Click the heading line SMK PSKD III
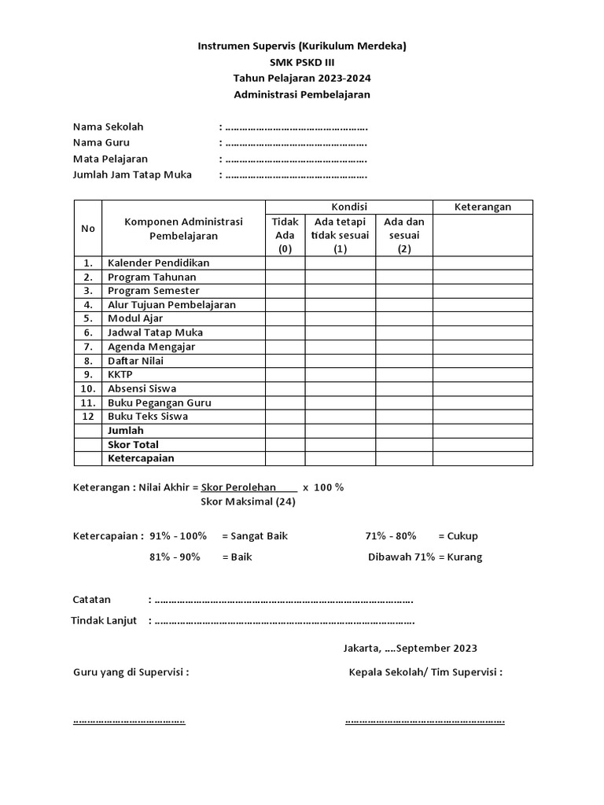click(x=301, y=62)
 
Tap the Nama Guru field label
click(x=101, y=142)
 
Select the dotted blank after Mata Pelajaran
click(x=296, y=159)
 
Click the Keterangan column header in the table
click(x=483, y=207)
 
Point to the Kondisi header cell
click(x=348, y=207)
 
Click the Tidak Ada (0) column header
click(x=285, y=235)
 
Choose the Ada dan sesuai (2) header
click(x=403, y=235)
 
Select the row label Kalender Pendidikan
click(x=159, y=263)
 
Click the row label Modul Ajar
click(x=135, y=318)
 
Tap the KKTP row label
click(x=120, y=374)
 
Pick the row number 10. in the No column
click(x=87, y=388)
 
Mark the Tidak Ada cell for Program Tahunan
click(x=285, y=277)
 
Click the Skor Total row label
click(x=133, y=444)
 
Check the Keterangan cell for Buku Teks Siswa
click(x=483, y=416)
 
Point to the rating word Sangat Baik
click(x=255, y=536)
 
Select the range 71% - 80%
click(x=390, y=536)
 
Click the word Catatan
click(x=92, y=600)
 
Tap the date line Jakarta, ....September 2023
click(x=410, y=649)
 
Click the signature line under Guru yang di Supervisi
click(x=129, y=720)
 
